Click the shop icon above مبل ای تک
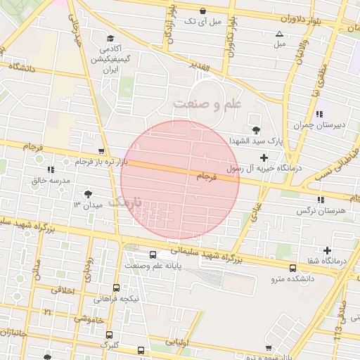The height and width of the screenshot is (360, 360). pos(203,11)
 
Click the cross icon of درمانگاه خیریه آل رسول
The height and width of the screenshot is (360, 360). pos(264,157)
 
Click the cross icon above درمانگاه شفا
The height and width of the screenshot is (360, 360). pos(327,250)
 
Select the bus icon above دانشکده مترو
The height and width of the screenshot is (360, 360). pos(292,267)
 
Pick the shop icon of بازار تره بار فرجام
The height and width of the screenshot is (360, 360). pos(102,151)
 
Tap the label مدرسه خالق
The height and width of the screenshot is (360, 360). pos(50,181)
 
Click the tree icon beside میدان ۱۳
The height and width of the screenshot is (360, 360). pos(88,194)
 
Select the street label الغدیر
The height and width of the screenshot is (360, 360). pos(200,67)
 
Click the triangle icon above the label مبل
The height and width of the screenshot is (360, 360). pos(279,33)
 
